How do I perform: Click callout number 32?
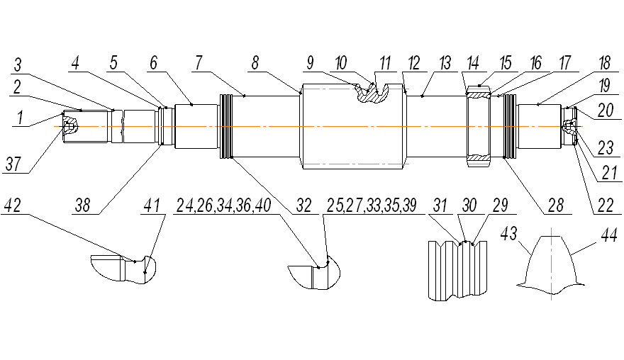304,206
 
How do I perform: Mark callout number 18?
586,64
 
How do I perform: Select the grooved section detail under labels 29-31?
459,269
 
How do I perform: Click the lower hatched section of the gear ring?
479,156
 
